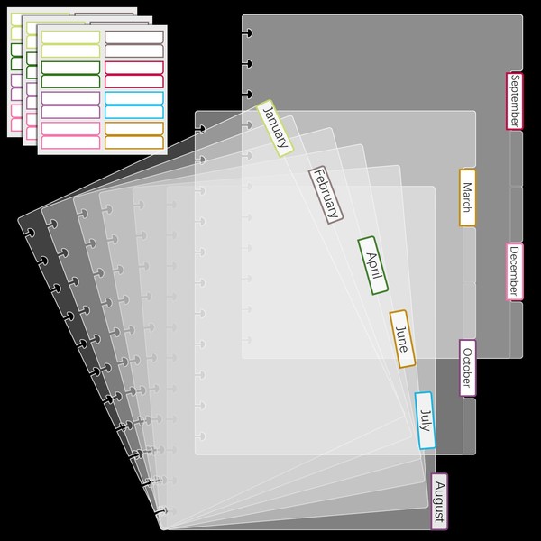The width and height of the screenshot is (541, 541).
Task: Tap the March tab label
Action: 467,197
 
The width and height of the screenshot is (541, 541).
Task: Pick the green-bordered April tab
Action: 372,265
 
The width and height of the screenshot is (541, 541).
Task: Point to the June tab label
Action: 402,338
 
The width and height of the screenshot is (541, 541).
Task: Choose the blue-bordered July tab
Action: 426,420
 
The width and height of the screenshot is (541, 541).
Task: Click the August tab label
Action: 439,501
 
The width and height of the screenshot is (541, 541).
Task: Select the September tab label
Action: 514,101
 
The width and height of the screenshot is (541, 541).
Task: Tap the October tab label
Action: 467,368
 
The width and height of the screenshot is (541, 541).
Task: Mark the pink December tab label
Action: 514,271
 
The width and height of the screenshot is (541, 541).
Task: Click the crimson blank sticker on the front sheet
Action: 133,68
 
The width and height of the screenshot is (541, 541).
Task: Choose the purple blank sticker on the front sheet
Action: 70,98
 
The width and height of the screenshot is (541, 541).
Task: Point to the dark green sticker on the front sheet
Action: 70,68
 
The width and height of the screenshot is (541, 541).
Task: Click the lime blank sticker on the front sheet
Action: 70,37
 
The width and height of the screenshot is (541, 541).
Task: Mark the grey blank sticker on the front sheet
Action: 133,37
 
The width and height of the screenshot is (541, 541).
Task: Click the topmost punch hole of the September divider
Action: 246,33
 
